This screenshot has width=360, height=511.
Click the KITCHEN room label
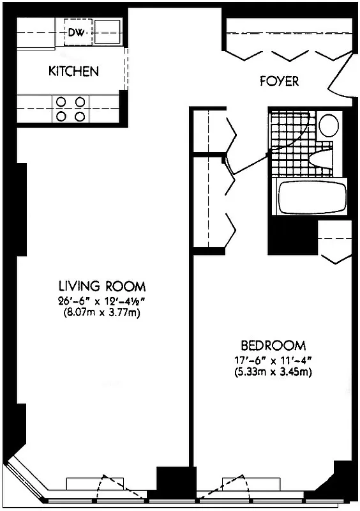(x=73, y=71)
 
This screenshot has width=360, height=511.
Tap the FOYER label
(x=279, y=82)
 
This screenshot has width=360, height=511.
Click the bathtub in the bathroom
(x=311, y=197)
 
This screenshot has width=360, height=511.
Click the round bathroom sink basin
(x=329, y=125)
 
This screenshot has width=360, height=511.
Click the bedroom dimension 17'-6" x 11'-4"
(x=267, y=359)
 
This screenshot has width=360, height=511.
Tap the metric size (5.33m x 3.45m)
(x=267, y=371)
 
